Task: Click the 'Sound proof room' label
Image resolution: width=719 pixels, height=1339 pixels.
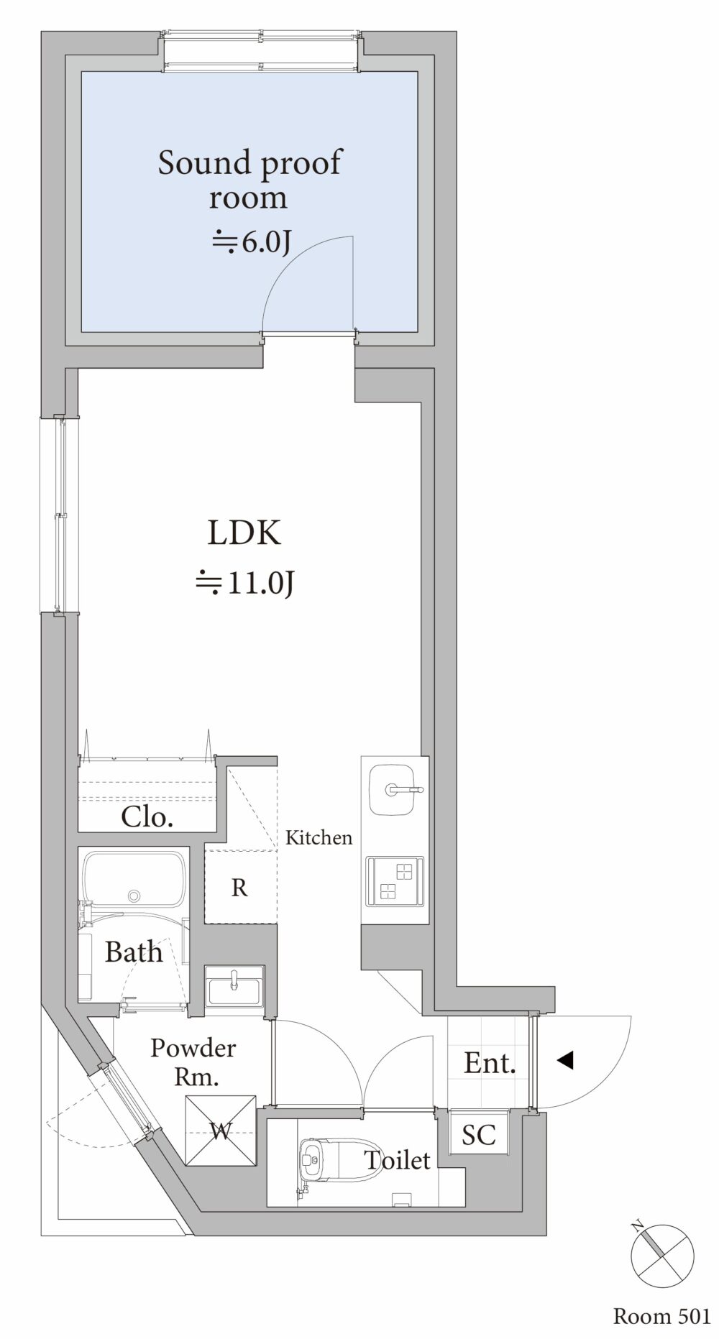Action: point(249,180)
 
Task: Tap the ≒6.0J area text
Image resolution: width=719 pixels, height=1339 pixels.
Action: point(250,243)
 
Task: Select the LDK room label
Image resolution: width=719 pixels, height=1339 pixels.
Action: point(244,533)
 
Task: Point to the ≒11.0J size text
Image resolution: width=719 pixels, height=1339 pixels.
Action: point(244,584)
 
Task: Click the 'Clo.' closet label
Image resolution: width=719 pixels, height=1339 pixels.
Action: point(147,816)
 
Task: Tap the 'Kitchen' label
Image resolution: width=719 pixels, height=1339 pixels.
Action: point(319,837)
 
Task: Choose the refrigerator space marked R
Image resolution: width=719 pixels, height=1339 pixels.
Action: point(240,887)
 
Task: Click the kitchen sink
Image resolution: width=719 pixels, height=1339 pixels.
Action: point(393,790)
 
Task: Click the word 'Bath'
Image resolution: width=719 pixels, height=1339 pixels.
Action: point(134,952)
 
